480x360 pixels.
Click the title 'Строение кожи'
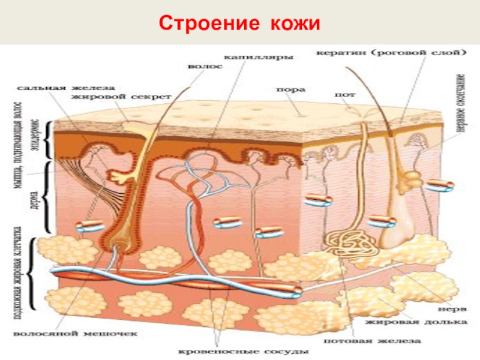click(240, 24)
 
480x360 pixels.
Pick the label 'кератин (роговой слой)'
click(391, 53)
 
